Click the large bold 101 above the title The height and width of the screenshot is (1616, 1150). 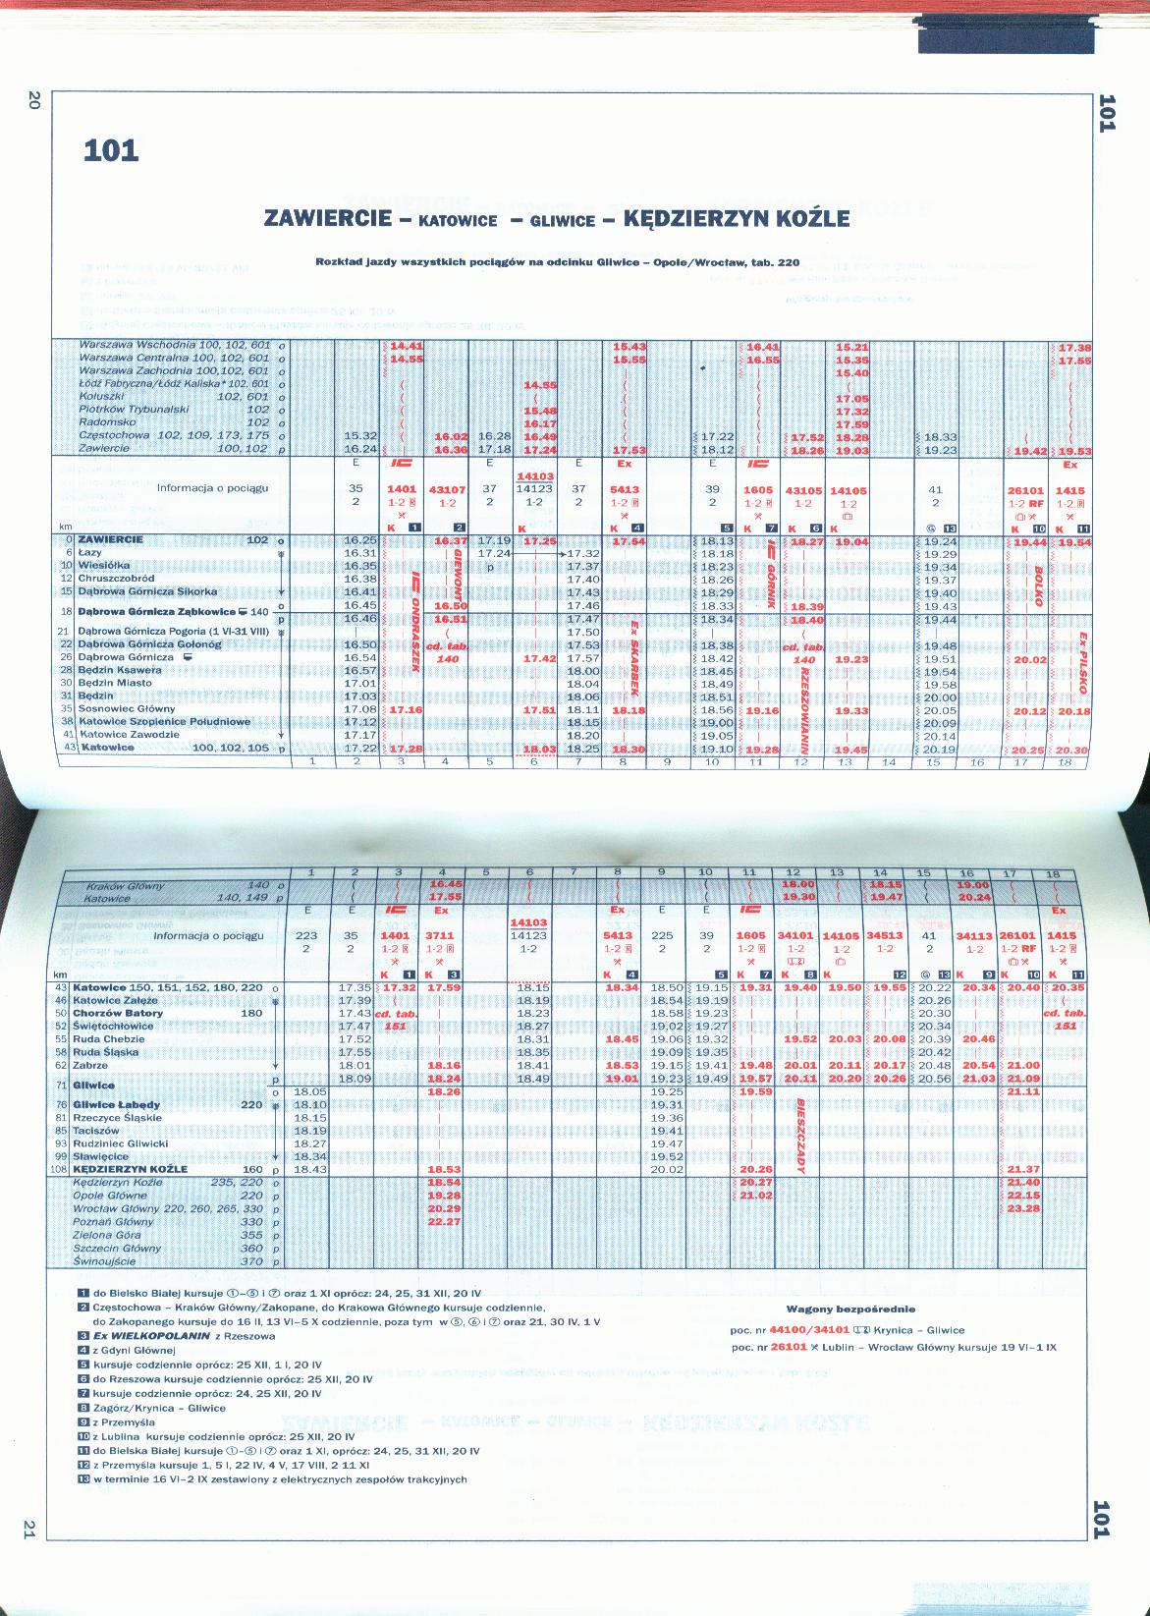(111, 151)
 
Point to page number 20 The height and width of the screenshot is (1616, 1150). (32, 100)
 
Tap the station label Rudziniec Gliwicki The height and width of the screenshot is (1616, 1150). (121, 1143)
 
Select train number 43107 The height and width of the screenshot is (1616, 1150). (447, 488)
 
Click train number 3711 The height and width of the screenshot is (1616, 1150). (444, 935)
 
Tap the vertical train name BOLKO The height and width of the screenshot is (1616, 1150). (1037, 585)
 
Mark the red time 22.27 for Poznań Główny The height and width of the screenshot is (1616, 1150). (444, 1222)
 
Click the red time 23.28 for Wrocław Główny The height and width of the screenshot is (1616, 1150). (1023, 1209)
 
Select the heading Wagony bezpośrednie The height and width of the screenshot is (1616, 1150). (850, 1309)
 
